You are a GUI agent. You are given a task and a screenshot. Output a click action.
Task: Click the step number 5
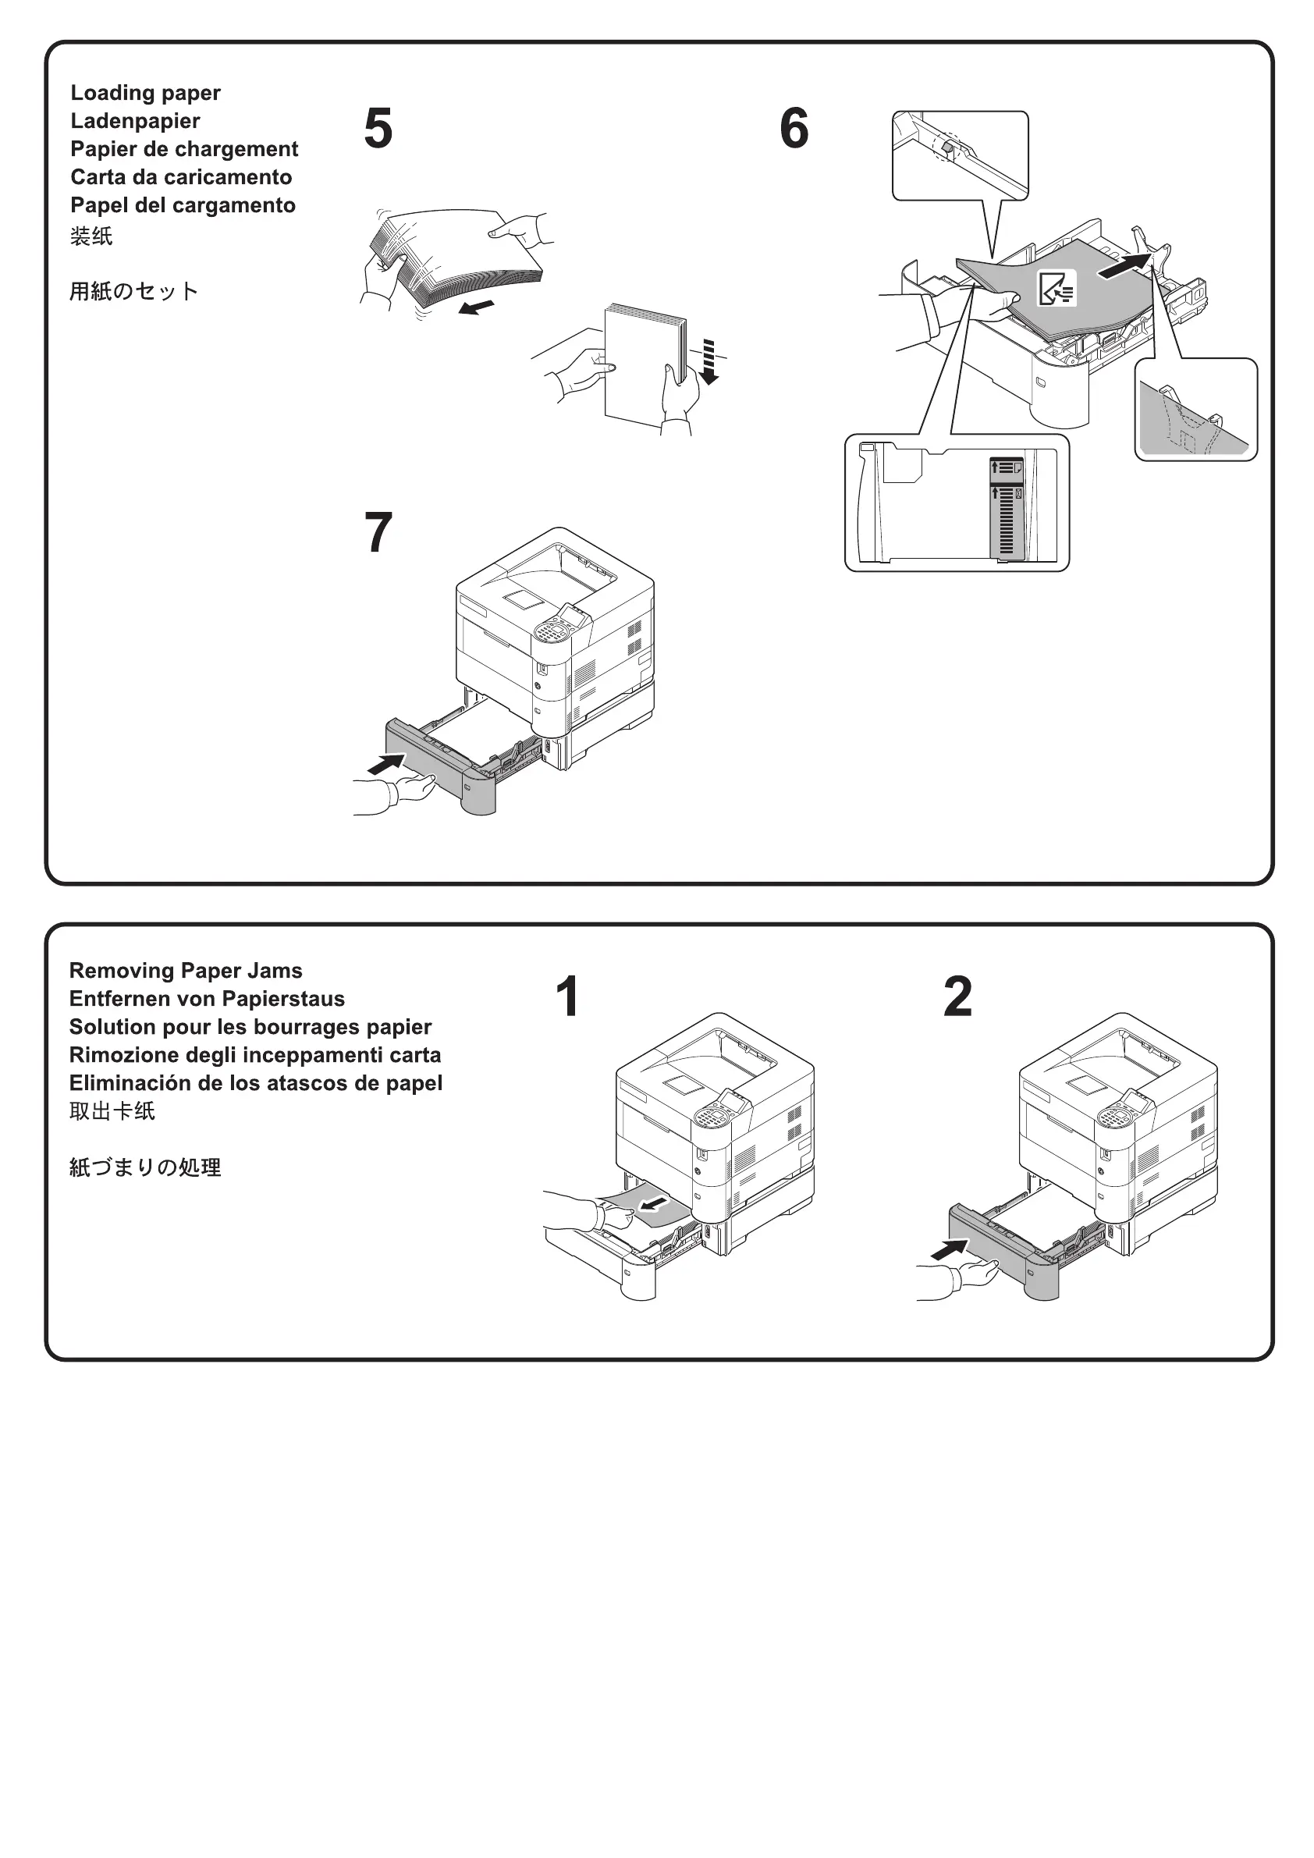pos(378,129)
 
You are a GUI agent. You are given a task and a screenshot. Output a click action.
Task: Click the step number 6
pos(794,129)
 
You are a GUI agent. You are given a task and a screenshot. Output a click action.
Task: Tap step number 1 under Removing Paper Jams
pos(568,996)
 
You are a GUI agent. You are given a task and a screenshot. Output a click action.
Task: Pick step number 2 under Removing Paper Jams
pos(958,996)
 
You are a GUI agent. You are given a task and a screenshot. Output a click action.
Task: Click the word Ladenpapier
pos(135,122)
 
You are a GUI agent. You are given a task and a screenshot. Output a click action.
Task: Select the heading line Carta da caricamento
pos(181,177)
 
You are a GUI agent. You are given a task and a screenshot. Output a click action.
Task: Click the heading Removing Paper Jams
pos(185,970)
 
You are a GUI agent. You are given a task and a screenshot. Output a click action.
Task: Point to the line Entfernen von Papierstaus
pos(206,999)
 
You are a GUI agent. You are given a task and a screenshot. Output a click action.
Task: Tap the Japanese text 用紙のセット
pos(133,291)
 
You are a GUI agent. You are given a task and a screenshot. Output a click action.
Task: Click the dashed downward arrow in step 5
pos(709,363)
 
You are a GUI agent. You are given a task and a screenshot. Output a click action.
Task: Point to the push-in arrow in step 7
pos(387,763)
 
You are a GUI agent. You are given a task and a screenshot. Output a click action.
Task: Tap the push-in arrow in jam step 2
pos(949,1250)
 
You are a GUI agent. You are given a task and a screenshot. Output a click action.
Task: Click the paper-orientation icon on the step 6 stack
pos(1057,288)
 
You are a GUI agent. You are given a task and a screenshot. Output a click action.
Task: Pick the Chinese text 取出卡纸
pos(112,1111)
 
